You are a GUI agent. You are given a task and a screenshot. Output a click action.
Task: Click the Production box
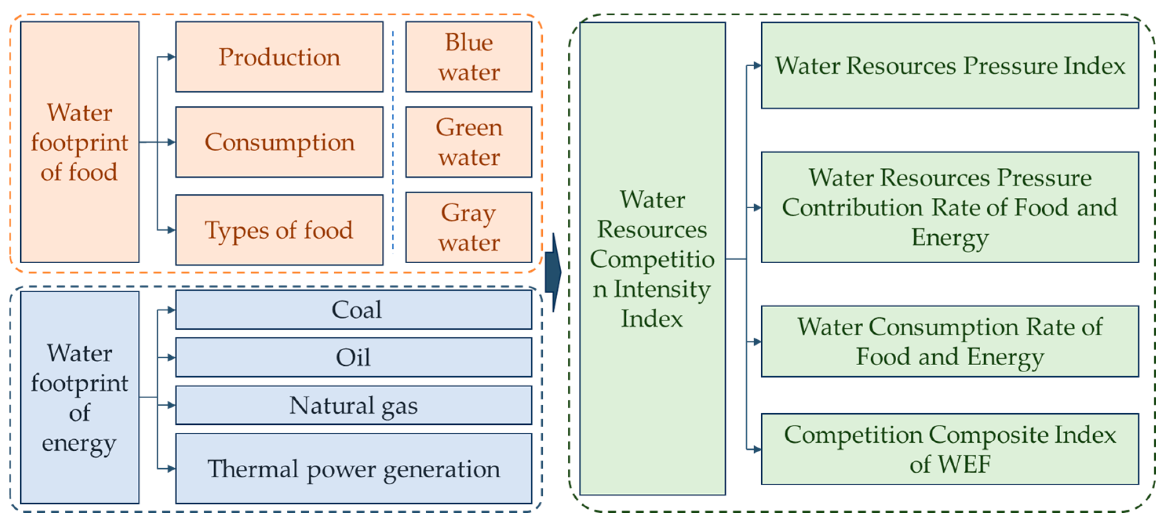(279, 57)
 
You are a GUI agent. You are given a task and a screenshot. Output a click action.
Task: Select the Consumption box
(279, 142)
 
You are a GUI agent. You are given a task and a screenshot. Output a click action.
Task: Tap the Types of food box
(279, 230)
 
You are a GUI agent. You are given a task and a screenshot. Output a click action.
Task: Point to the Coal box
(354, 310)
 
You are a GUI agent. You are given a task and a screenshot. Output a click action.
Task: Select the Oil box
(354, 357)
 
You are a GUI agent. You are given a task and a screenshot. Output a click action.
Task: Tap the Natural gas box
(354, 405)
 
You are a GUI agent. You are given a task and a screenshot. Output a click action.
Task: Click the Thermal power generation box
(354, 469)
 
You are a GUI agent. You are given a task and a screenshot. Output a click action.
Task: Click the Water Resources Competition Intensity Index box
(652, 259)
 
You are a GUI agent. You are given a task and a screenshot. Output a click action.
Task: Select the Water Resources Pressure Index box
(949, 66)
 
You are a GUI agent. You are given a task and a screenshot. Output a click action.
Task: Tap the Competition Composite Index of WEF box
(949, 449)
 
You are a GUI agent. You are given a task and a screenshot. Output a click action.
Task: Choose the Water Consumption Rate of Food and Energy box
(949, 342)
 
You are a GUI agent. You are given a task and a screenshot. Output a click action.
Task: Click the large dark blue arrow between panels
(553, 273)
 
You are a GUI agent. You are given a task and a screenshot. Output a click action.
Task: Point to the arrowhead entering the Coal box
(171, 310)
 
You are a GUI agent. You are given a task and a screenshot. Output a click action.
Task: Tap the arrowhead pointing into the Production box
(171, 57)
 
